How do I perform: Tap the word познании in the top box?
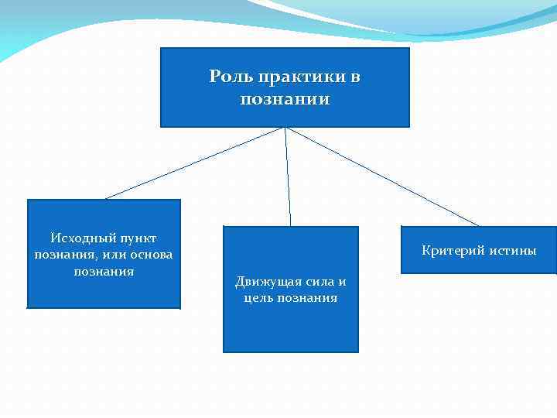click(285, 99)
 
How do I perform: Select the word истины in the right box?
click(511, 250)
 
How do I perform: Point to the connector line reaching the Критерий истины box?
click(382, 176)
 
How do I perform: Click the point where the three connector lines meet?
click(285, 128)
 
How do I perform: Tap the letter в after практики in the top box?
click(356, 77)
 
